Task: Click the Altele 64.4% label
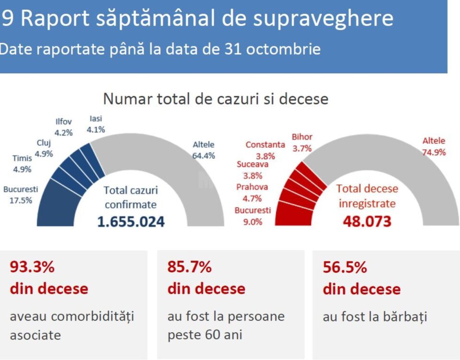[204, 149]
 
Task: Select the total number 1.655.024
[131, 222]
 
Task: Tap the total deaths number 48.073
[367, 221]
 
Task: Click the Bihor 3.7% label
[302, 143]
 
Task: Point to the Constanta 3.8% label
[265, 150]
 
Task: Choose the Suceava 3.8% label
[253, 169]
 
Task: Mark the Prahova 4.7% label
[252, 192]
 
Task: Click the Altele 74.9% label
[434, 146]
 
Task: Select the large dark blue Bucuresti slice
[57, 203]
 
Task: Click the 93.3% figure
[32, 267]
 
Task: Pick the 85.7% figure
[189, 267]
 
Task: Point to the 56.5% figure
[345, 267]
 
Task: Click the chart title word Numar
[125, 99]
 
